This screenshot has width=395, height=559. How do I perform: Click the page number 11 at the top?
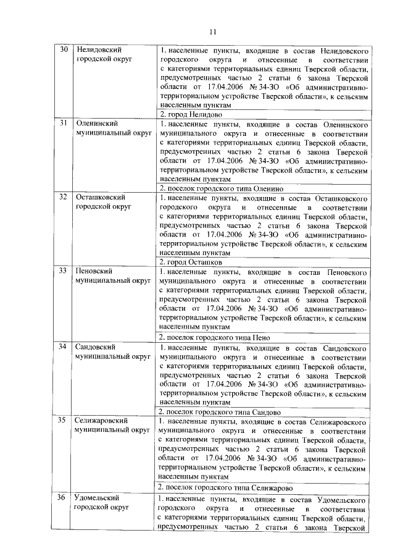coord(213,32)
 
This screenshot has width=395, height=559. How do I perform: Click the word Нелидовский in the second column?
coord(99,49)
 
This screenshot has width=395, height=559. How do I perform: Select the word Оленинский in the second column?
coord(96,124)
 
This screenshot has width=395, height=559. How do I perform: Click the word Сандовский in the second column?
coord(96,346)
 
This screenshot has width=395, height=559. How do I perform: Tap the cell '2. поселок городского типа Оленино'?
coord(221,188)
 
